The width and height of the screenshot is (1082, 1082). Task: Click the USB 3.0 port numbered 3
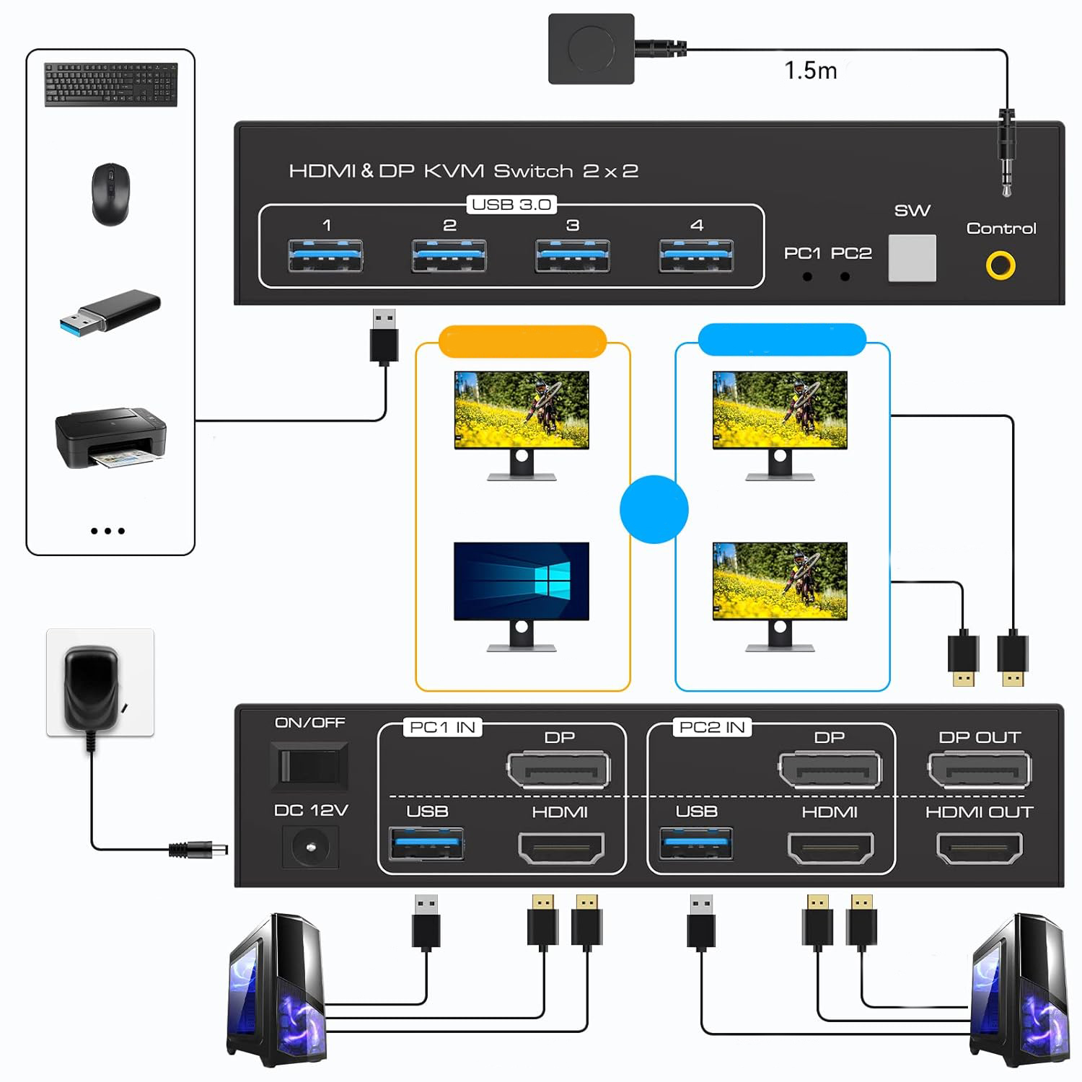pos(573,256)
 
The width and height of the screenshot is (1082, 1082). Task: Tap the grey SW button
pos(912,258)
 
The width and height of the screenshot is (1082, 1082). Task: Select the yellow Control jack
pos(1000,265)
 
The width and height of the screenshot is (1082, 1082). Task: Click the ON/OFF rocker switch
pos(309,765)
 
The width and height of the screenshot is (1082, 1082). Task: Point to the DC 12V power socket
pos(310,846)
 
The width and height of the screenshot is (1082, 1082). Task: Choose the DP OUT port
pos(979,770)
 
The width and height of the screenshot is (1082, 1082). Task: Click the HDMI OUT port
pos(979,848)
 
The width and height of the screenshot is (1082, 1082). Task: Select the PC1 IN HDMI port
pos(561,848)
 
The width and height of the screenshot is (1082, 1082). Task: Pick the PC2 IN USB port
pos(696,844)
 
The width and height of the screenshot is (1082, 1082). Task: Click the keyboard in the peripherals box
pos(111,84)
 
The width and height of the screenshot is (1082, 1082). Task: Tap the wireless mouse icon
pos(110,194)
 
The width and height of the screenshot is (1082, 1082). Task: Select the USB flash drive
pos(110,312)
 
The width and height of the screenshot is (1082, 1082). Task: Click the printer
pos(110,437)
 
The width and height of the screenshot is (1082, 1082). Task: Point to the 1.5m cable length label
pos(810,71)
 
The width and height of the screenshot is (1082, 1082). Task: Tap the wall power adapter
pos(92,685)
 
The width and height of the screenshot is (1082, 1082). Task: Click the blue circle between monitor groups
pos(654,509)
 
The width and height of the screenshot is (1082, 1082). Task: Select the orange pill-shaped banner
pos(522,341)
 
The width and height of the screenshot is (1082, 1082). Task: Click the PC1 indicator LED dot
pos(807,276)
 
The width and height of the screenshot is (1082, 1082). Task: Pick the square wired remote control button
pos(591,49)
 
